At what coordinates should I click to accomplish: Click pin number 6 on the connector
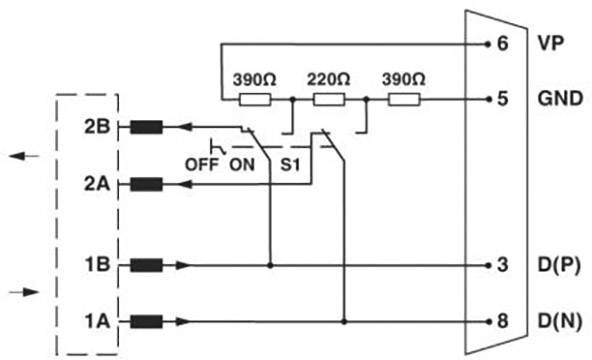tap(501, 44)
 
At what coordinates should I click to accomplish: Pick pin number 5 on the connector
tap(501, 99)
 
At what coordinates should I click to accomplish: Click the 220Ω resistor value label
tap(329, 78)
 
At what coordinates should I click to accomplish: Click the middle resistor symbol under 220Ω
tap(329, 99)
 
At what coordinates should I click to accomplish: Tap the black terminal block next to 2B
tap(147, 127)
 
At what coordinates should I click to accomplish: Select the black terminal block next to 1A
tap(147, 321)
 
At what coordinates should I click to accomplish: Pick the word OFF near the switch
tap(204, 162)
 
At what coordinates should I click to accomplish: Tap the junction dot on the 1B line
tap(270, 265)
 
